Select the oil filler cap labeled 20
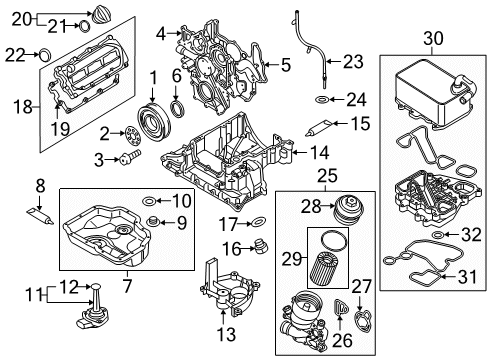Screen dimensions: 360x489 (102, 18)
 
